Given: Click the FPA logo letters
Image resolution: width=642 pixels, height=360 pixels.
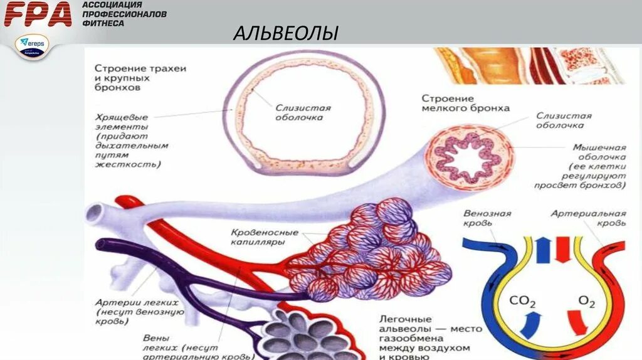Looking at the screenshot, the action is (38, 14).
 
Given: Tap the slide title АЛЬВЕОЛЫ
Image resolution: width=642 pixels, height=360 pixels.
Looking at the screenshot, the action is (285, 33).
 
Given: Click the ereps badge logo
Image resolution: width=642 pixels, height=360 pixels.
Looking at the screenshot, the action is (33, 46).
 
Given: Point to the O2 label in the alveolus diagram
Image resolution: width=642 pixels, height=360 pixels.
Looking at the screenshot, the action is (586, 302).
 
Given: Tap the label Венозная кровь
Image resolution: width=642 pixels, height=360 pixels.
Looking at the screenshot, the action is (487, 218).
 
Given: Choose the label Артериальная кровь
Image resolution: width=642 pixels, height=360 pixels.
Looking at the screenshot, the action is (588, 218).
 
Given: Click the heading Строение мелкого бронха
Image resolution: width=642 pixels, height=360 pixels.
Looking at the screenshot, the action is (465, 103).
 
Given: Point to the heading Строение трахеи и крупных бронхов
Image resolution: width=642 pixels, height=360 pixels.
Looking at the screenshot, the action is (131, 78).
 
